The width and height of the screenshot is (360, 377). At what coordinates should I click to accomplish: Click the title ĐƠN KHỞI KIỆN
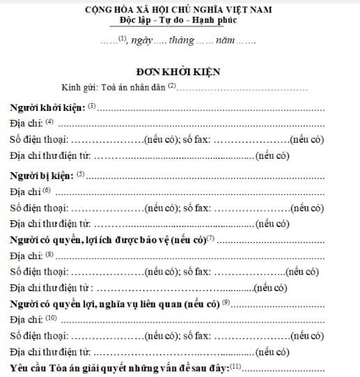click(x=180, y=71)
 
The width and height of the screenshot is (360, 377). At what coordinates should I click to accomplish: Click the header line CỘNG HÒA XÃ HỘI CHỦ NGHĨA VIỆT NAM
click(x=180, y=10)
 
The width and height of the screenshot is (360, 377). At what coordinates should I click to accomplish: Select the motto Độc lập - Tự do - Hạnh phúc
click(x=180, y=22)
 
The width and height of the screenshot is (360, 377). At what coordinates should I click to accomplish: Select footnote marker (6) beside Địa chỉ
click(x=47, y=189)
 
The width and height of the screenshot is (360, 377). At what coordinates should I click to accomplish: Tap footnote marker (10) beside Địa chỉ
click(x=52, y=318)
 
